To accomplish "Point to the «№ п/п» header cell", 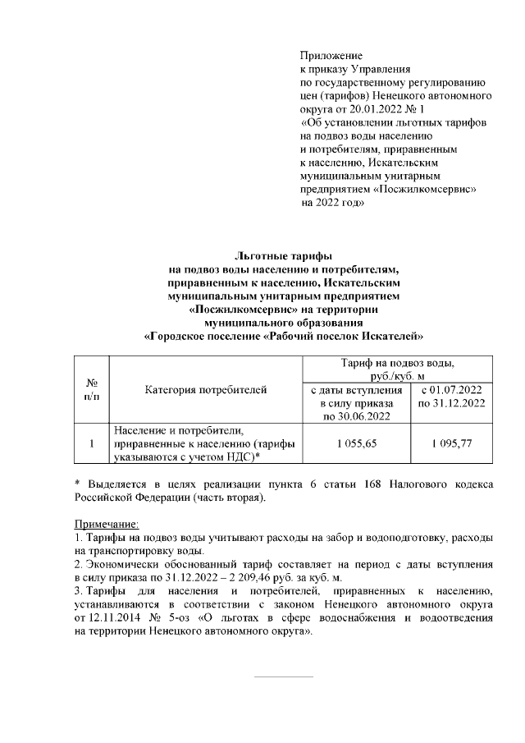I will pyautogui.click(x=92, y=390).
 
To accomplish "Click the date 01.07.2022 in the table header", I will pyautogui.click(x=458, y=390).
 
